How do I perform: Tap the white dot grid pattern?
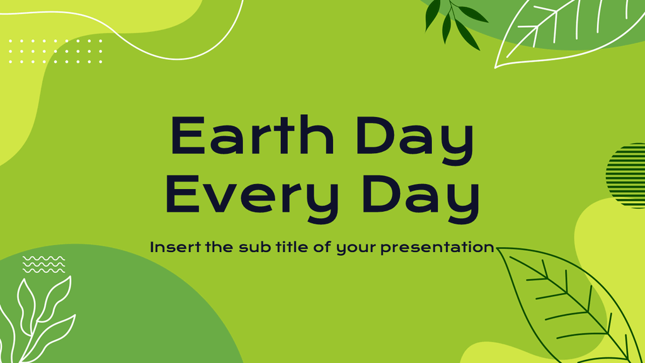55,51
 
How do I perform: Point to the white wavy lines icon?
43,264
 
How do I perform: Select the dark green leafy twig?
455,22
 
